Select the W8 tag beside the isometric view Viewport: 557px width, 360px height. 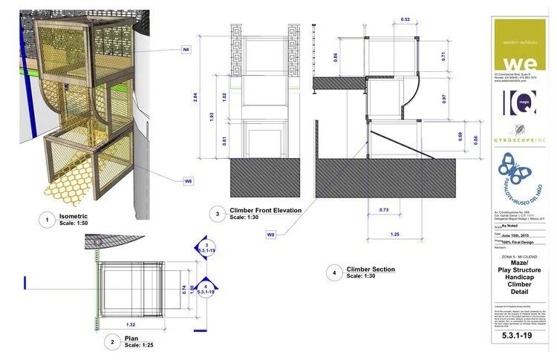pos(189,180)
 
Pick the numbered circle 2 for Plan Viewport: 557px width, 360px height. pos(111,341)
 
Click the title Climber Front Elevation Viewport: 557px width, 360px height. pos(265,211)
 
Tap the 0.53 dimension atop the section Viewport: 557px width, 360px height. pos(405,19)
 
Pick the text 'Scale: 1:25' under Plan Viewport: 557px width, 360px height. pos(142,345)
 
